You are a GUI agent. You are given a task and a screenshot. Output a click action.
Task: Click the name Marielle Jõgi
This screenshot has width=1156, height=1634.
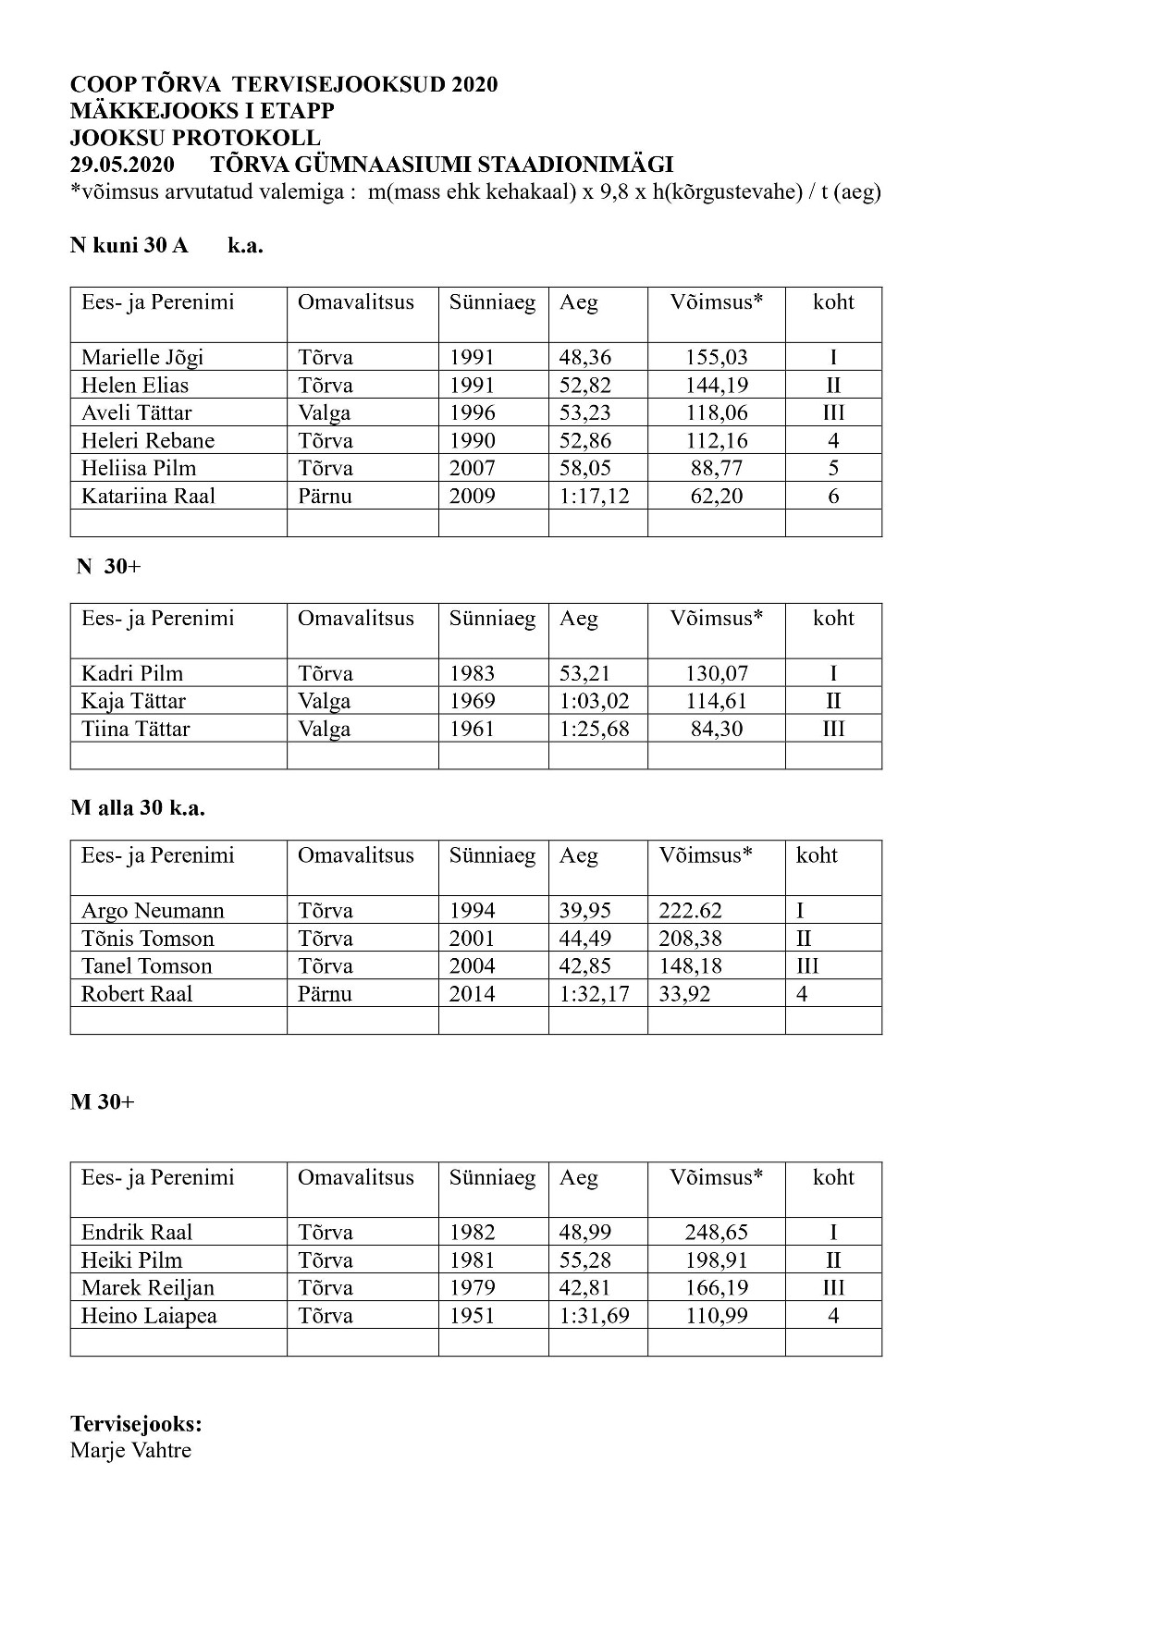[141, 358]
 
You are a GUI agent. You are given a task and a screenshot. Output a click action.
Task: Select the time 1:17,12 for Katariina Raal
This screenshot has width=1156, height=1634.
[594, 497]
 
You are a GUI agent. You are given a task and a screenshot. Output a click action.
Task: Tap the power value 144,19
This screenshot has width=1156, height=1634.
[716, 386]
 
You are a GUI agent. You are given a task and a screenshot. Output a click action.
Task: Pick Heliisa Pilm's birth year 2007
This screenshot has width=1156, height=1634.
[472, 469]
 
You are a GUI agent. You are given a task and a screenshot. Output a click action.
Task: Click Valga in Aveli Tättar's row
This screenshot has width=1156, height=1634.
[324, 413]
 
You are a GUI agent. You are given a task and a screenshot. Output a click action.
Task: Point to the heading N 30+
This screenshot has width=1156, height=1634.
[108, 567]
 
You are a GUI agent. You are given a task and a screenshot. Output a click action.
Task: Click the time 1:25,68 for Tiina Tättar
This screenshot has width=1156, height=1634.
[594, 730]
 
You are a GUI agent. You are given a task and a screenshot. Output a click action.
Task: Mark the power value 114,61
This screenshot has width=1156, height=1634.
[716, 702]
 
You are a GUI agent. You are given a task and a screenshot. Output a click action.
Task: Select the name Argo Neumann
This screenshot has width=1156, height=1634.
[153, 911]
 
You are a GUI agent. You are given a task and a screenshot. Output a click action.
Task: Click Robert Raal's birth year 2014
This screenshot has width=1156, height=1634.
[472, 994]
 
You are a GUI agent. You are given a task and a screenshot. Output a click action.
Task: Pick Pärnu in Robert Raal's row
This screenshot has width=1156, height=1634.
[325, 994]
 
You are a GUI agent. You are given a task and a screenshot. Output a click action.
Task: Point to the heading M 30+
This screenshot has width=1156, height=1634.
[102, 1102]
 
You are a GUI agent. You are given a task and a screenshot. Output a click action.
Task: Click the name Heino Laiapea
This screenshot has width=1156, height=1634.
[149, 1316]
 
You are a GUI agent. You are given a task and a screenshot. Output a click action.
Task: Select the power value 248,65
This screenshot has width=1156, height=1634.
[716, 1233]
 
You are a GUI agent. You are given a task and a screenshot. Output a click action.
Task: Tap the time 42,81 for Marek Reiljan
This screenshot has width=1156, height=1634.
[584, 1288]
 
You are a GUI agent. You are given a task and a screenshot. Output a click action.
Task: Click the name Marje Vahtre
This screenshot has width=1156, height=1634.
[130, 1450]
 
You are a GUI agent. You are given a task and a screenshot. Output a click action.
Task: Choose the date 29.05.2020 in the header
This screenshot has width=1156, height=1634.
[121, 166]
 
